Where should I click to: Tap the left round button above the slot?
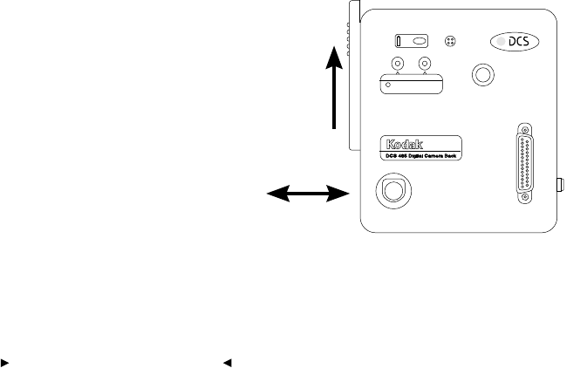[398, 64]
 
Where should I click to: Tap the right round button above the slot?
[425, 64]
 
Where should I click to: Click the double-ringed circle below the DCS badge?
[481, 73]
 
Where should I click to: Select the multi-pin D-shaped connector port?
[526, 165]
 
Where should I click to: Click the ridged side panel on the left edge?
[354, 74]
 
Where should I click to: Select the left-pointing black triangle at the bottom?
[226, 360]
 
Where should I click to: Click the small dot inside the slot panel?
[389, 85]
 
